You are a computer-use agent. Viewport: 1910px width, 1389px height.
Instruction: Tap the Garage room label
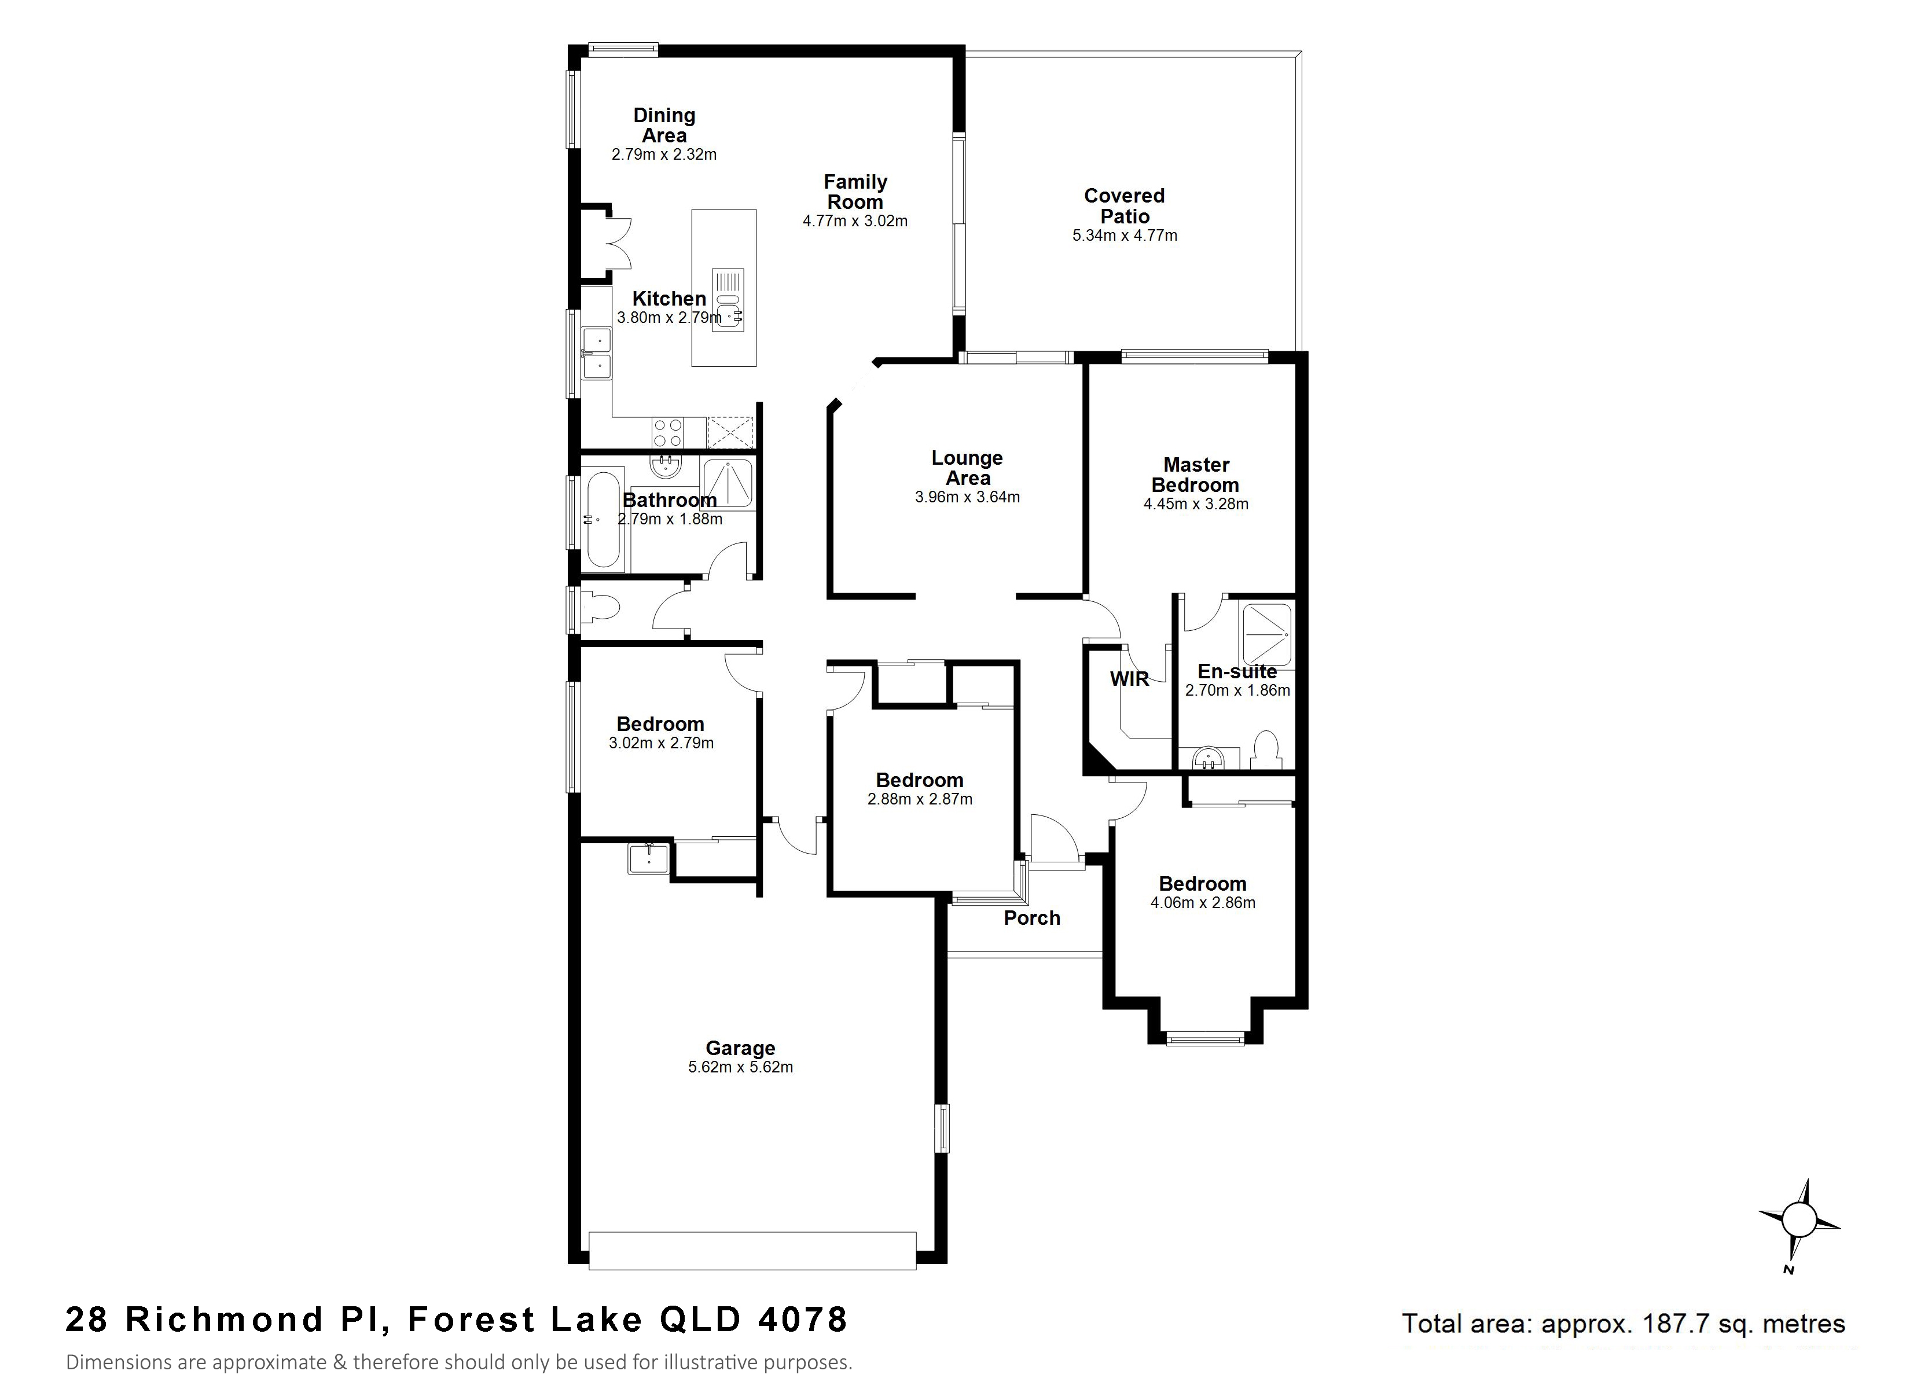click(740, 1048)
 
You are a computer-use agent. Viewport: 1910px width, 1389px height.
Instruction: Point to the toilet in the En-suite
click(1264, 749)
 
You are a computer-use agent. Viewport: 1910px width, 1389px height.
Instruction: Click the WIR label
click(1129, 679)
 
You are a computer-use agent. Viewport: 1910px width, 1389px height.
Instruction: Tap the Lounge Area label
click(968, 468)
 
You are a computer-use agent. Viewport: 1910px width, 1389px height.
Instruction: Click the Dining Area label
click(664, 126)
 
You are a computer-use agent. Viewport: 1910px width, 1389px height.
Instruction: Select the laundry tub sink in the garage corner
click(648, 858)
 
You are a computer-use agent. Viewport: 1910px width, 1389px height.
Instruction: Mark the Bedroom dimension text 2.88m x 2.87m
click(920, 799)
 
